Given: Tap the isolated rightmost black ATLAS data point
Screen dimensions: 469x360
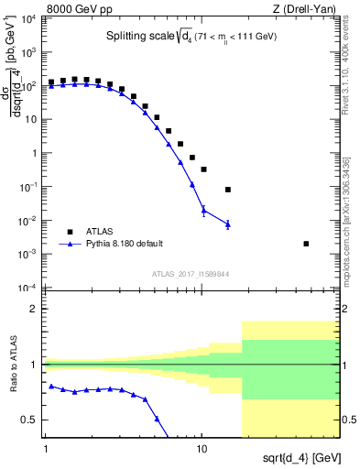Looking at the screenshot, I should [306, 244].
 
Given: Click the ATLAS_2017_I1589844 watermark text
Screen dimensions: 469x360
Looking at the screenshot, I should [191, 273].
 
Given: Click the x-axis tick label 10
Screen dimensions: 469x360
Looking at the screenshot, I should [202, 450].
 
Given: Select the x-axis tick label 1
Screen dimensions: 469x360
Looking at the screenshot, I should [46, 450].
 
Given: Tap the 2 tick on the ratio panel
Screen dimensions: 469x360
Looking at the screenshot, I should [34, 309].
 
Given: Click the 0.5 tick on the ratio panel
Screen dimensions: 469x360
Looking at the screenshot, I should [31, 420].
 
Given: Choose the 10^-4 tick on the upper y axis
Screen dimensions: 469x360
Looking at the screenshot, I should [30, 288].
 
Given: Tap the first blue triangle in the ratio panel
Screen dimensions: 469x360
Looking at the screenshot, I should [52, 386].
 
